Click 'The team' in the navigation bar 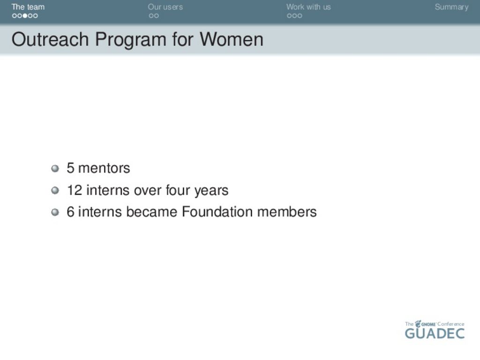point(28,7)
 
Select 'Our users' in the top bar point(165,7)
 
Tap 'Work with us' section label point(308,7)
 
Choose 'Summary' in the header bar point(451,7)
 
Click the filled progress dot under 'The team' point(25,15)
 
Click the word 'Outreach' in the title point(50,39)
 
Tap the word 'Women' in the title point(232,39)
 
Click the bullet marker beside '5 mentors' point(55,168)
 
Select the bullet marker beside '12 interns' point(55,190)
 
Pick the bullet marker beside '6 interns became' point(55,212)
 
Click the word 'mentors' point(104,168)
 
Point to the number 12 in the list point(75,190)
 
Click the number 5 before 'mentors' point(70,168)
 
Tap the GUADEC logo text point(435,333)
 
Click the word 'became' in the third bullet point(151,212)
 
